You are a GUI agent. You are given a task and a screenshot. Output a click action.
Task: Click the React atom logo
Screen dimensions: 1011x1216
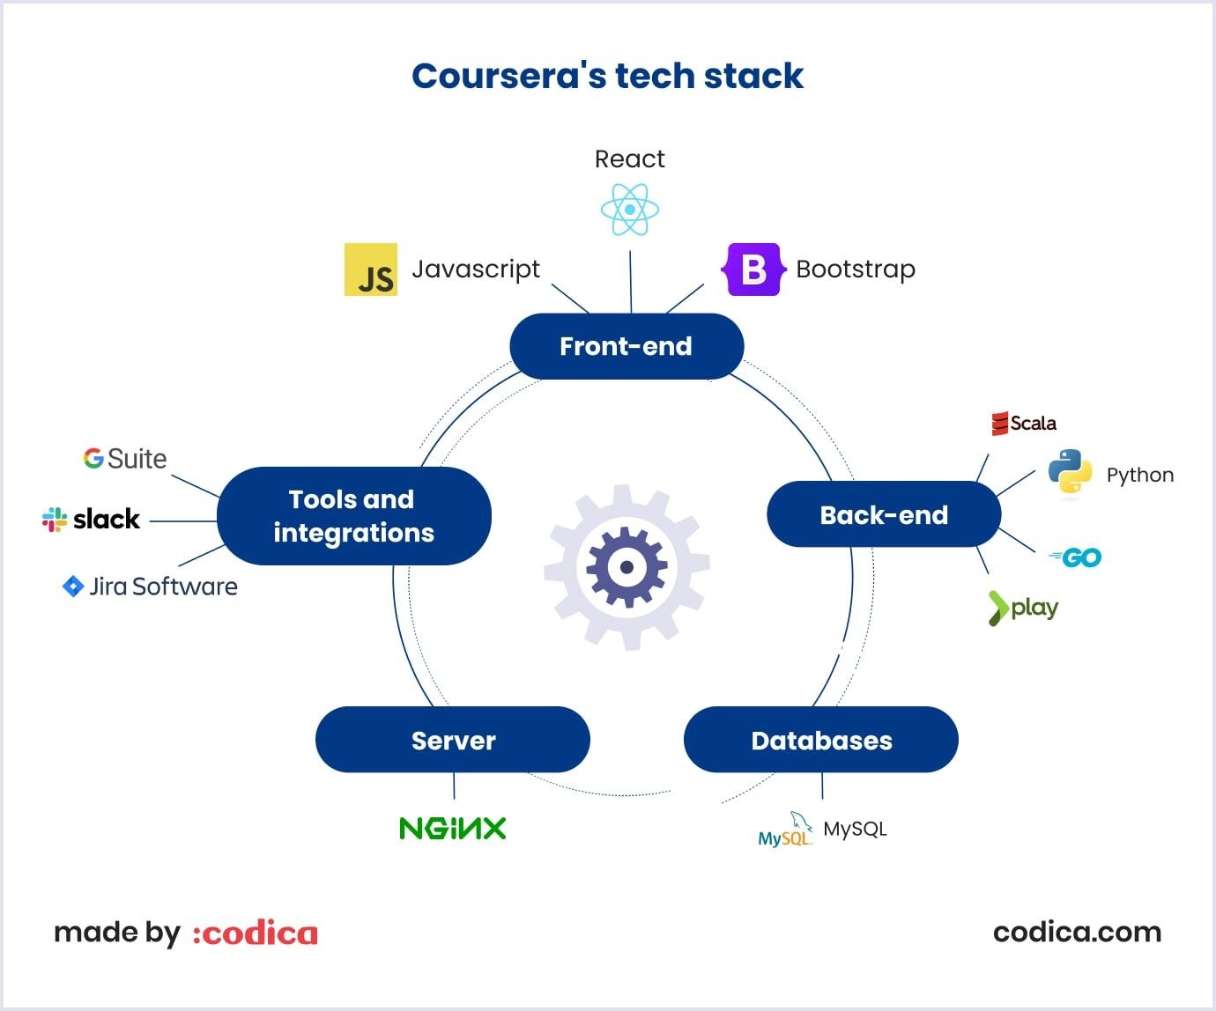tap(629, 210)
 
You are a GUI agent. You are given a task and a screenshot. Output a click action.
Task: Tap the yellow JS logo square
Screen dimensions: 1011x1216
tap(370, 269)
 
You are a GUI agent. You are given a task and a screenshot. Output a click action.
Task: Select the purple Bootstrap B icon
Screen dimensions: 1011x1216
tap(753, 269)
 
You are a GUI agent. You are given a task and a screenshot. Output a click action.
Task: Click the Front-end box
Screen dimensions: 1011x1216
tap(627, 346)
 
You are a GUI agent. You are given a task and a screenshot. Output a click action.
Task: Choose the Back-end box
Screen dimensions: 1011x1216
tap(884, 514)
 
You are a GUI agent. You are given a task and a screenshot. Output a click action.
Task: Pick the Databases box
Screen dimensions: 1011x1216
tap(820, 740)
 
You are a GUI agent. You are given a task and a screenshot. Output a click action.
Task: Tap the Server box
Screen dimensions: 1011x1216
tap(453, 740)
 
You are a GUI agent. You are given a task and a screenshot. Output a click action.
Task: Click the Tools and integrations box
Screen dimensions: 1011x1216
tap(353, 516)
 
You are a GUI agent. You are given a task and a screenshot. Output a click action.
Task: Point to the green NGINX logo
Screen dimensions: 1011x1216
tap(452, 828)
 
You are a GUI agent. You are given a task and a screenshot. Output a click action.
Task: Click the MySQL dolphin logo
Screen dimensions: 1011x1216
tap(784, 830)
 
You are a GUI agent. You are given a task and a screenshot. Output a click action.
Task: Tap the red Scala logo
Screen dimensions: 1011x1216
tap(1023, 424)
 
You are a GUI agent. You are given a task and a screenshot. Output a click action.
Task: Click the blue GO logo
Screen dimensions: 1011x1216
tap(1076, 557)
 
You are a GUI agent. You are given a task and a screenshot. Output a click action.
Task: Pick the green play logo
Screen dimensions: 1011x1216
tap(1023, 608)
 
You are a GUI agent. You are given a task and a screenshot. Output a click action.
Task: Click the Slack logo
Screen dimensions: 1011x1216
tap(91, 520)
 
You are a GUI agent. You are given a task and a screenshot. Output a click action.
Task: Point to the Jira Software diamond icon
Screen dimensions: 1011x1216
tap(73, 587)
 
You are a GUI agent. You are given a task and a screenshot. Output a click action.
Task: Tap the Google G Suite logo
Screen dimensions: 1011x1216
tap(124, 459)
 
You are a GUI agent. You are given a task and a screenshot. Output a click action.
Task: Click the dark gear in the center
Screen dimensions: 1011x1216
tap(627, 567)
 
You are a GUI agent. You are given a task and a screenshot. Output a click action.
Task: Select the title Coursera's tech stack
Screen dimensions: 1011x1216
tap(607, 76)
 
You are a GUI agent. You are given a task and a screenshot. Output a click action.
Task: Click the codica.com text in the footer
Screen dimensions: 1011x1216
tap(1077, 932)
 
